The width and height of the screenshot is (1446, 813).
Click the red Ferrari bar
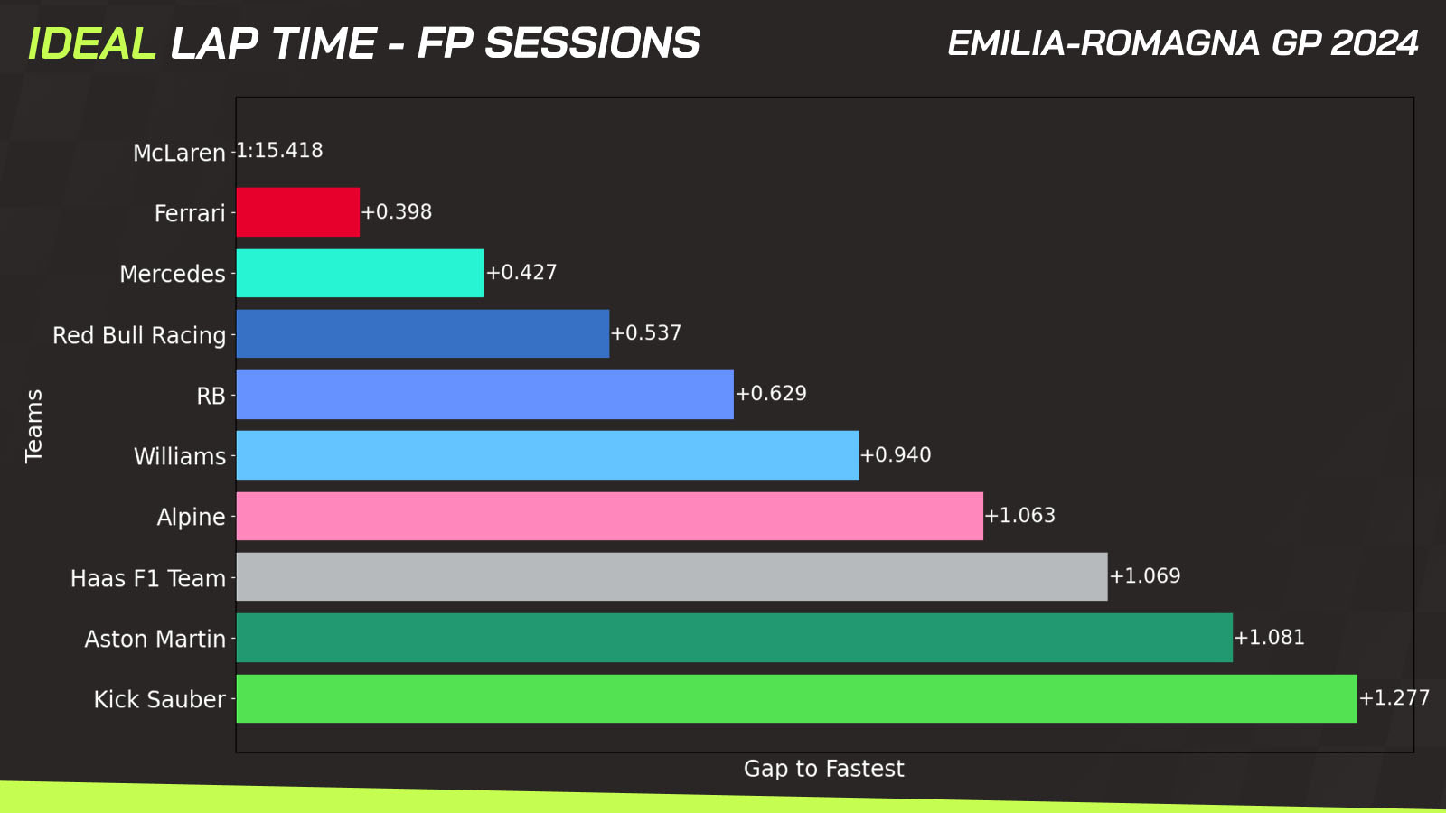pos(297,212)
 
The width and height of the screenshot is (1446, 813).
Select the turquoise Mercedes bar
pos(361,273)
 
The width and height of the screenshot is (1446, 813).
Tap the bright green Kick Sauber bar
pos(796,699)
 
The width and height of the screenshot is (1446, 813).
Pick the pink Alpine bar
pos(609,516)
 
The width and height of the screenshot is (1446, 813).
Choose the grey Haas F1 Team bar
pos(672,577)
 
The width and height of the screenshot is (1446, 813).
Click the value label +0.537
pos(645,333)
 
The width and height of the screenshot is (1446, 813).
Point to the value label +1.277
pos(1394,698)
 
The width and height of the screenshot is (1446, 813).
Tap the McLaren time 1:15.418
pos(279,150)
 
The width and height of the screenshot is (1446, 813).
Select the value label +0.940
pos(896,455)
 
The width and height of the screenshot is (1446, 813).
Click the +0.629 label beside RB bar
pos(771,394)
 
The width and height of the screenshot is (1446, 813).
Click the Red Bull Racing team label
pos(139,335)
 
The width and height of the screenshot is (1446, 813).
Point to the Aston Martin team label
pos(155,639)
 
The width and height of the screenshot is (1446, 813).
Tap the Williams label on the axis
pos(180,456)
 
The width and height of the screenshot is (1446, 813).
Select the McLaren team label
pos(180,153)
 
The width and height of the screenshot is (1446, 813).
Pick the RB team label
pos(211,396)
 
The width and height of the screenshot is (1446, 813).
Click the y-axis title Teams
pos(33,425)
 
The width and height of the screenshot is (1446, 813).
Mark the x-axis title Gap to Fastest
pos(823,769)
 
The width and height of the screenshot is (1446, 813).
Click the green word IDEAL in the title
pos(92,44)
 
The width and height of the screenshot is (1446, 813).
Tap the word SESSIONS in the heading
pos(593,44)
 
